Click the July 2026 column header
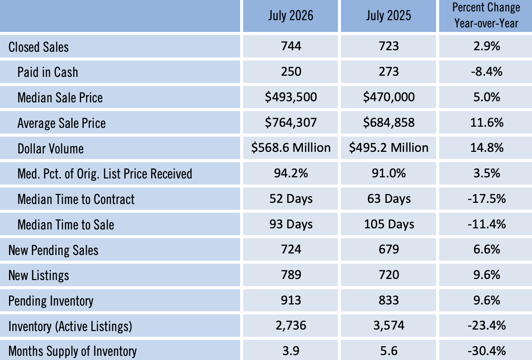[x=291, y=16]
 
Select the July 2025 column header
[x=389, y=16]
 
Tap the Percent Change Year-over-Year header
[x=486, y=15]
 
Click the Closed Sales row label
[x=38, y=47]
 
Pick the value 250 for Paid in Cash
[x=291, y=72]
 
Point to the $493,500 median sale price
[x=291, y=97]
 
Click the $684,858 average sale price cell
[x=389, y=123]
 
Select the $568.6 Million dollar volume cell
[x=291, y=148]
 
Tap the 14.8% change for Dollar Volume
[x=487, y=148]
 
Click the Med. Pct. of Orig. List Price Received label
[x=105, y=174]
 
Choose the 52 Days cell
[x=291, y=199]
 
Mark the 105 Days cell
[x=389, y=225]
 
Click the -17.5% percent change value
[x=487, y=199]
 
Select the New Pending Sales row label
[x=53, y=250]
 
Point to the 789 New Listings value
[x=291, y=275]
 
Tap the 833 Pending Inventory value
[x=389, y=300]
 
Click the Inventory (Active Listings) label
[x=70, y=326]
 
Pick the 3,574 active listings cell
[x=389, y=326]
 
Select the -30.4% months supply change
[x=487, y=351]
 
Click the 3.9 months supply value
[x=291, y=351]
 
